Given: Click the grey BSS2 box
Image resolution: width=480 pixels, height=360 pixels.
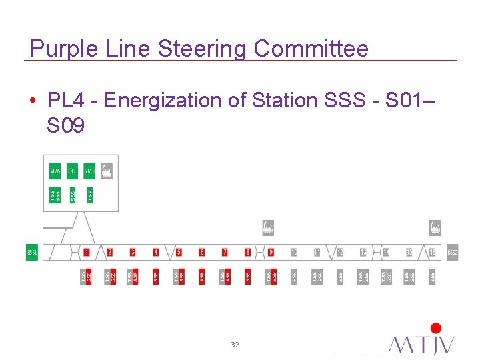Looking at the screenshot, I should click(x=453, y=253).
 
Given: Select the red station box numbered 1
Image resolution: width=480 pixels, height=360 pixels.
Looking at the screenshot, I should click(x=87, y=252).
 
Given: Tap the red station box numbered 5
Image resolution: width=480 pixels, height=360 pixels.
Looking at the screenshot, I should click(x=179, y=252).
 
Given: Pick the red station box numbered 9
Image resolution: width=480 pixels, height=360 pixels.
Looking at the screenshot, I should click(x=271, y=252).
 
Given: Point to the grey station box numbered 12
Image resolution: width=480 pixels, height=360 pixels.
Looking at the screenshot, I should click(x=340, y=252).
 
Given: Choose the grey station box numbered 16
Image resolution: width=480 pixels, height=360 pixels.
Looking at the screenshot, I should click(x=433, y=252).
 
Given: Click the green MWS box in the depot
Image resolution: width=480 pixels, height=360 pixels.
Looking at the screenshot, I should click(x=55, y=171).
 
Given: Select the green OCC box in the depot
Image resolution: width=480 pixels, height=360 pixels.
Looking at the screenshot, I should click(x=73, y=171).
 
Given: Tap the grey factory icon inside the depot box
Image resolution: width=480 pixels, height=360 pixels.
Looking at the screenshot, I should click(x=107, y=171).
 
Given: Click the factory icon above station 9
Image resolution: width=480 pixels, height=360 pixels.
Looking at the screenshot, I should click(x=268, y=228).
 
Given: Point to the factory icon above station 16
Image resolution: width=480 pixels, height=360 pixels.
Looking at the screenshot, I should click(x=435, y=228).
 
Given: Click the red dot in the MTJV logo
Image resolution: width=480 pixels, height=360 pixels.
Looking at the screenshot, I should click(x=436, y=328).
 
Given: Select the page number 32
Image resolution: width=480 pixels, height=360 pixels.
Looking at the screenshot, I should click(x=235, y=345).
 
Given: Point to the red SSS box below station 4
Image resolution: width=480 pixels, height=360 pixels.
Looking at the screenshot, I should click(x=156, y=275).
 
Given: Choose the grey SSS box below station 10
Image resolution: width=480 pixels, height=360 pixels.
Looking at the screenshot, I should click(x=294, y=275).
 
